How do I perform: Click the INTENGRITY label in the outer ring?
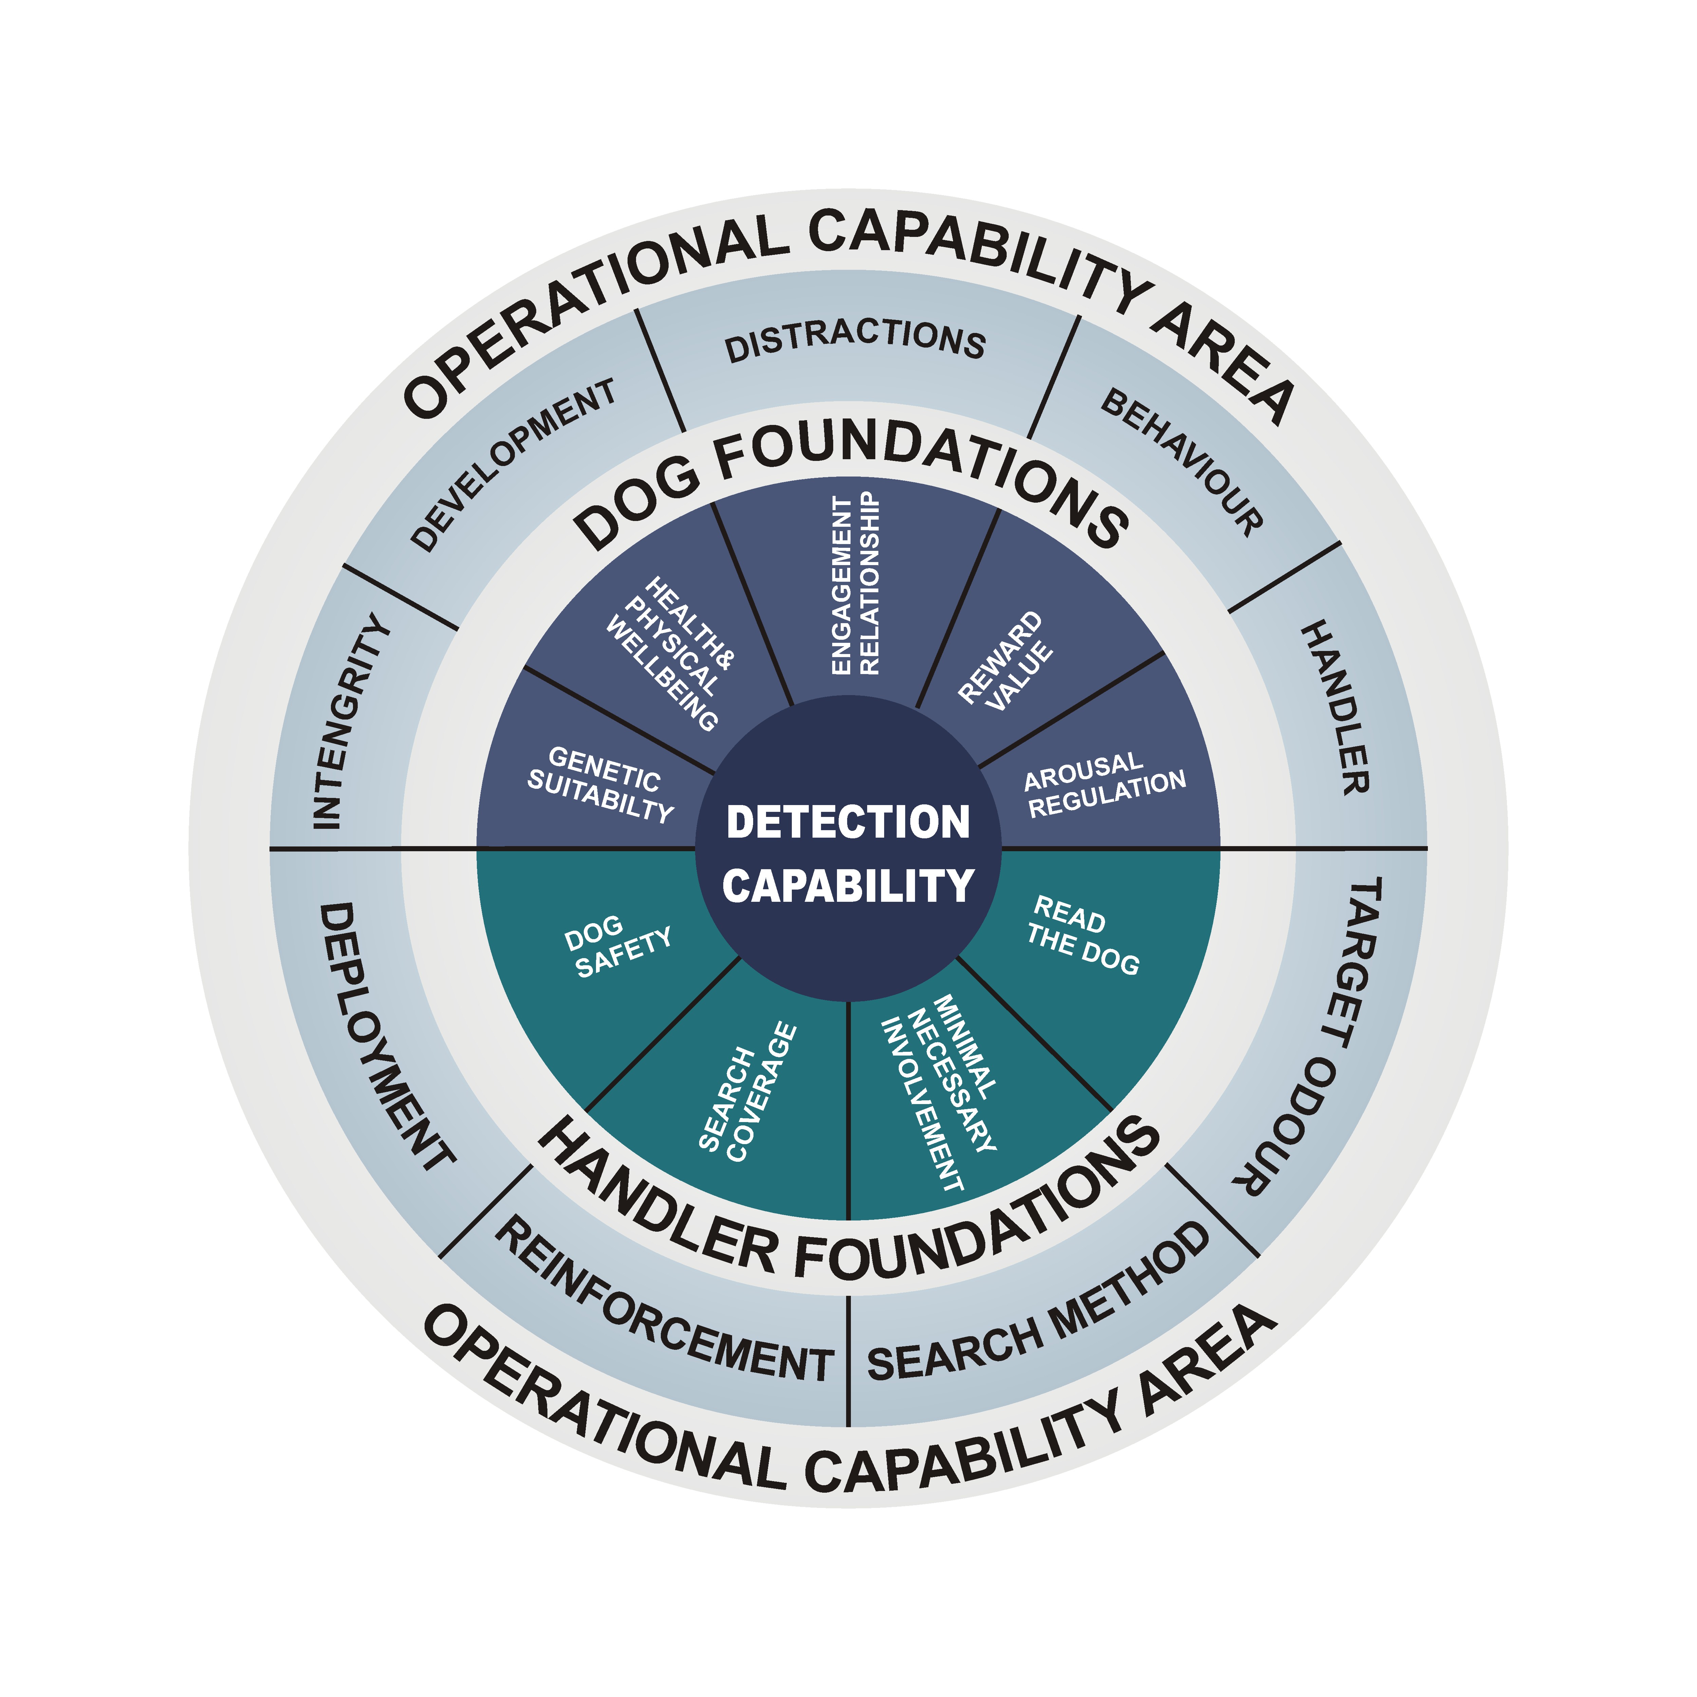coord(351,720)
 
